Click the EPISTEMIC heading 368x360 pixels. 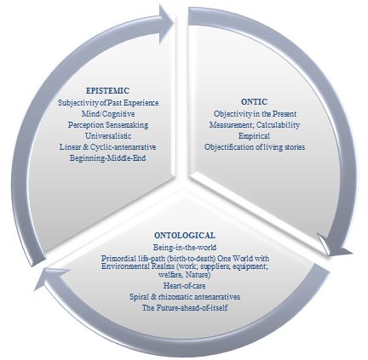107,91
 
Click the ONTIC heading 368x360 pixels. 254,102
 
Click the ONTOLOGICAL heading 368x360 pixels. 185,236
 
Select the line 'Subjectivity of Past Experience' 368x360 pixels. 108,102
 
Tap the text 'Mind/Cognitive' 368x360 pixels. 108,114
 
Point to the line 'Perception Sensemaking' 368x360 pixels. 108,125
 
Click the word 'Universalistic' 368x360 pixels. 108,136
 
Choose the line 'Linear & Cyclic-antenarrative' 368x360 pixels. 108,147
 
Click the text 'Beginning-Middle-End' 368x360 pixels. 107,158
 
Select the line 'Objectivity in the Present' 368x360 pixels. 255,114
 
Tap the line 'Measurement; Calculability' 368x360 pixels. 255,125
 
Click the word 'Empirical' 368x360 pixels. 254,136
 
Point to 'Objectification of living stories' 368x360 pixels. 255,147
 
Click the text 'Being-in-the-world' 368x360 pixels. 185,248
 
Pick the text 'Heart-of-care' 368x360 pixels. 185,285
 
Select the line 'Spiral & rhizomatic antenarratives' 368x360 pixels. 185,297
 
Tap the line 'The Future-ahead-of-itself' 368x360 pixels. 185,308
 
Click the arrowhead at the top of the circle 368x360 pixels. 166,23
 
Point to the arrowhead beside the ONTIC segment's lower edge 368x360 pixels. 334,245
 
